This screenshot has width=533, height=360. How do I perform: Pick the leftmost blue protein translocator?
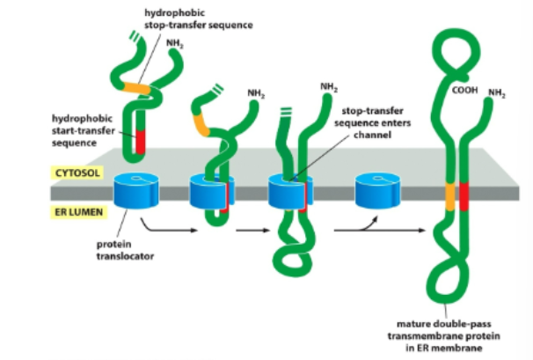tap(138, 192)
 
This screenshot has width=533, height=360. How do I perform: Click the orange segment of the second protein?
tap(201, 124)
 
